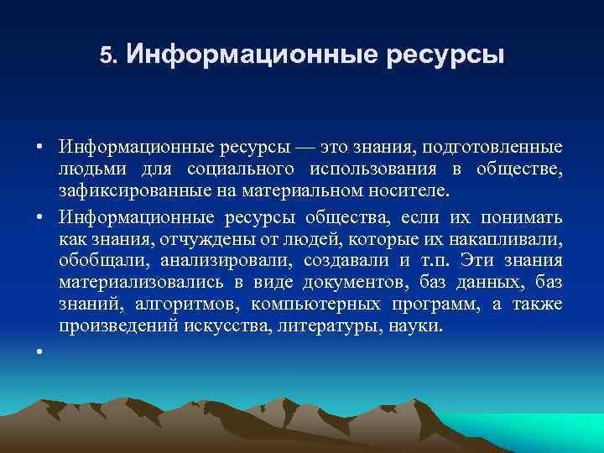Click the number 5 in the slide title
[x=105, y=56]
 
